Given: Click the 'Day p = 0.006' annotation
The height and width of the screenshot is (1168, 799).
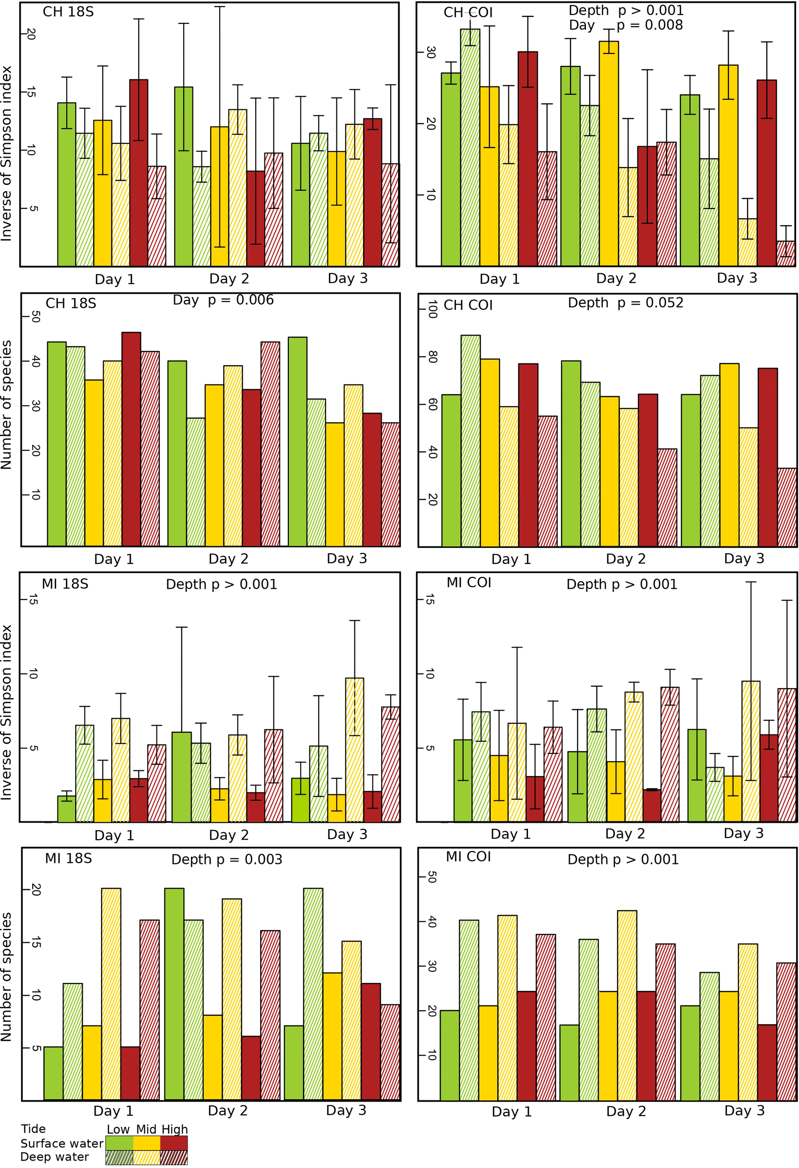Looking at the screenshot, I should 223,300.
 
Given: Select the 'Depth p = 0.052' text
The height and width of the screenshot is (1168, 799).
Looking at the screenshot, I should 625,303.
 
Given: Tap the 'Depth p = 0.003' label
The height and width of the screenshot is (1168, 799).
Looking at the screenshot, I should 227,860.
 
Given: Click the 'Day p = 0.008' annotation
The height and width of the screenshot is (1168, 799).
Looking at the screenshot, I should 626,25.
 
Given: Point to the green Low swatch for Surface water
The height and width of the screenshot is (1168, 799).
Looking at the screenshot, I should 120,1143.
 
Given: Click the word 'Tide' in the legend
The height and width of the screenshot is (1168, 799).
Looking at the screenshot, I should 33,1129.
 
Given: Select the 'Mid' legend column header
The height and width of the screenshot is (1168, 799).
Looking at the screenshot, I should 146,1129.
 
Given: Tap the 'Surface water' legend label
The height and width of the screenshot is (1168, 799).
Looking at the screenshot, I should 62,1143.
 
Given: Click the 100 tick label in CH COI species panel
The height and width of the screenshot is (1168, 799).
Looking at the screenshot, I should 432,310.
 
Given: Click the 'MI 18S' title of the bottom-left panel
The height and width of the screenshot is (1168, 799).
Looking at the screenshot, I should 68,858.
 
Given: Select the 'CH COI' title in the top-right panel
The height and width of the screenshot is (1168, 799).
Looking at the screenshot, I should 468,13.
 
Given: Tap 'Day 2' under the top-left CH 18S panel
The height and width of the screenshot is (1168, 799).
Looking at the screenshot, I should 229,278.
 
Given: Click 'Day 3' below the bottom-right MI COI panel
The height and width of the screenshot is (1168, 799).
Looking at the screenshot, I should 744,1111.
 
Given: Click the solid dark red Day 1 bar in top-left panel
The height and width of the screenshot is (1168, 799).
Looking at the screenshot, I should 139,173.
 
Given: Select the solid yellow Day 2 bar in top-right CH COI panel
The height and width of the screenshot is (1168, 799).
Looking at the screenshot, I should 608,153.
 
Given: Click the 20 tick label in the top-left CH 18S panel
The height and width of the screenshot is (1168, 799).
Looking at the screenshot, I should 31,34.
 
